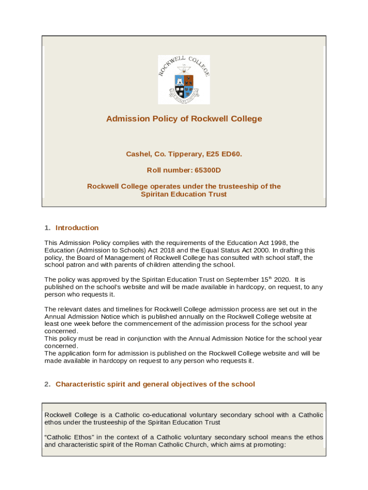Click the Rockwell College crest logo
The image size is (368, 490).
(x=184, y=79)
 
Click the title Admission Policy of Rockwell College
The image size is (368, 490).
(x=184, y=119)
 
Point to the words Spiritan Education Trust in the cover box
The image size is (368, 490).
(x=184, y=194)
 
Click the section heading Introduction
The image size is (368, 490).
(x=77, y=228)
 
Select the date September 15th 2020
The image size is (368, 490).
(x=253, y=279)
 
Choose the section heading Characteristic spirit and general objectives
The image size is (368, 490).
(x=155, y=384)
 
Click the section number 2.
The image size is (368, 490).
(x=47, y=384)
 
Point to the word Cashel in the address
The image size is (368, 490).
(x=138, y=154)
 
